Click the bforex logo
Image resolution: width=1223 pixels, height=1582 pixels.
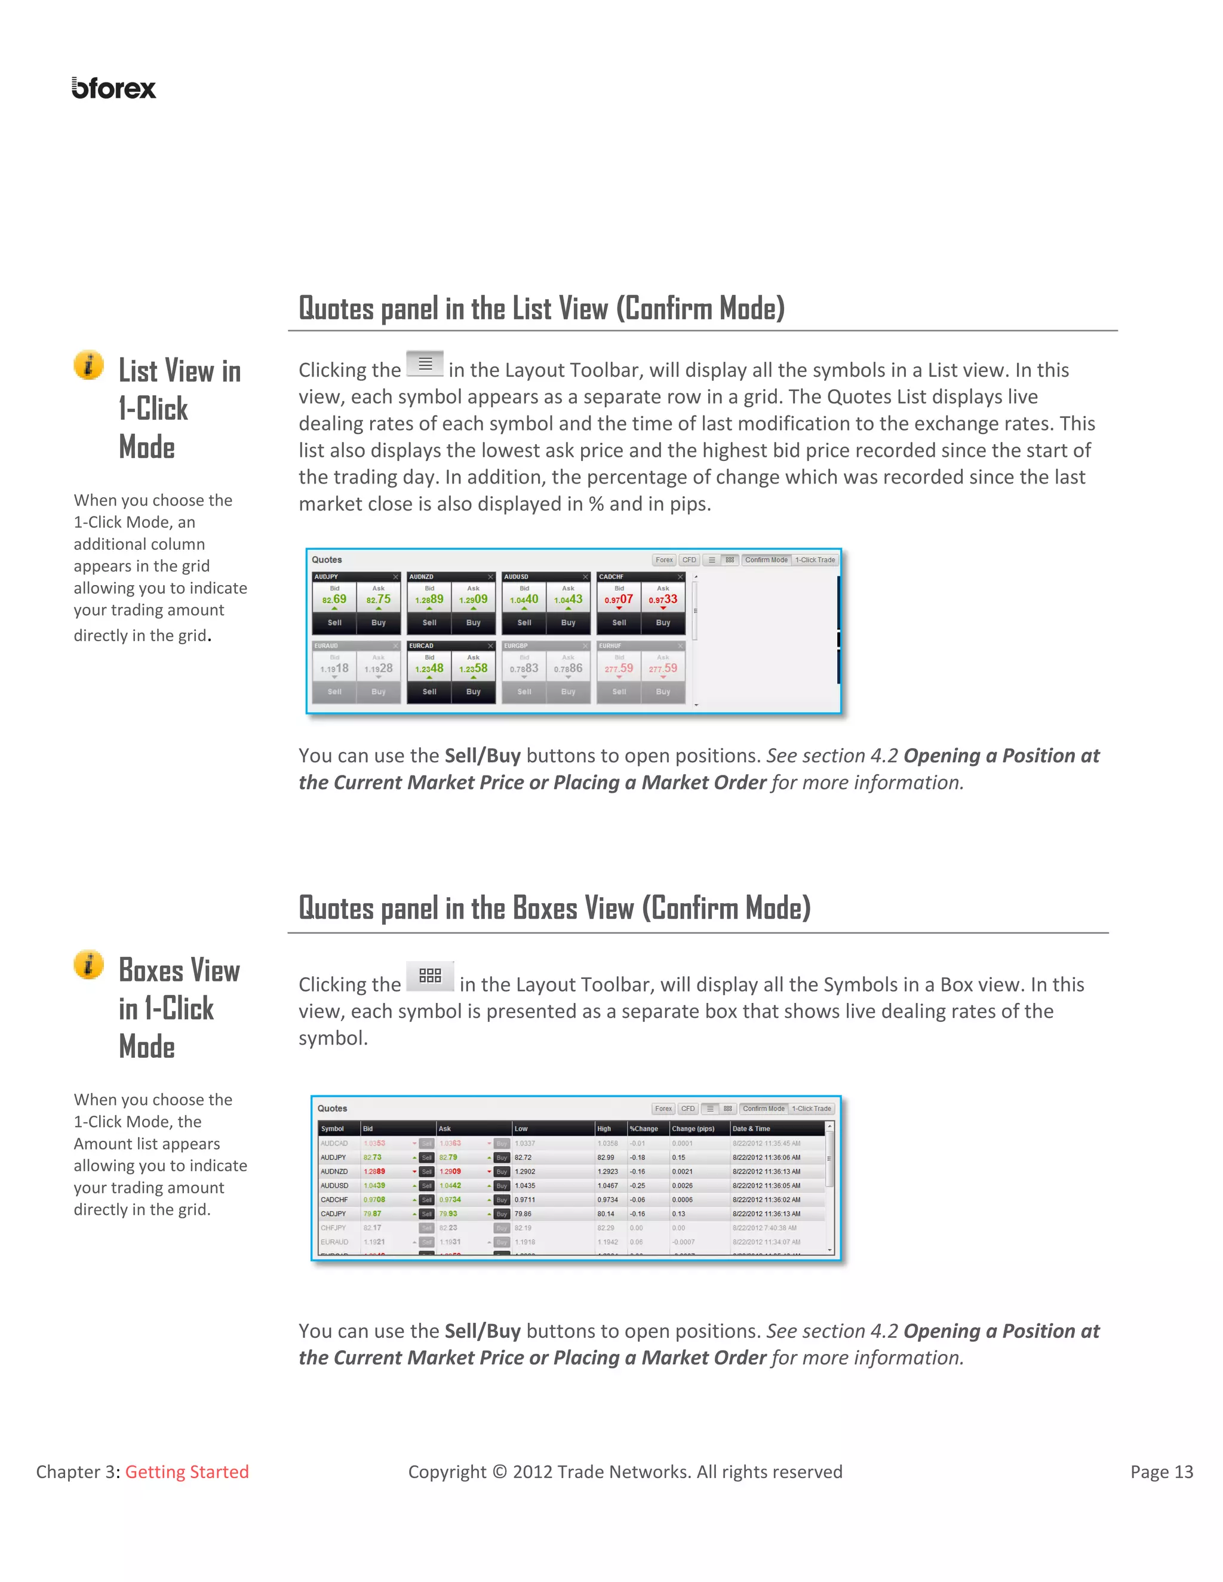click(x=113, y=88)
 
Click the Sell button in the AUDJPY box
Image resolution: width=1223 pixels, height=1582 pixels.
click(x=334, y=622)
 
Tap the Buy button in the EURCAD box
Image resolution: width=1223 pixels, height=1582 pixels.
click(x=473, y=691)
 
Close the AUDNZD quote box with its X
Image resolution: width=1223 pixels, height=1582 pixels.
click(x=490, y=577)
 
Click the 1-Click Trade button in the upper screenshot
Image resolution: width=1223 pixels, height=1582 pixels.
click(x=815, y=560)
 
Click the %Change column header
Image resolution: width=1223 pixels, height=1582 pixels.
click(x=644, y=1128)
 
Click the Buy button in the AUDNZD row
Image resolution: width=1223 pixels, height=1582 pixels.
click(x=502, y=1171)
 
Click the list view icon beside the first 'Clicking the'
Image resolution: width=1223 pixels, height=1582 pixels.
click(x=425, y=364)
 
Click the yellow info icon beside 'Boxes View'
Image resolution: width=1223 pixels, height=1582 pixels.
click(x=89, y=964)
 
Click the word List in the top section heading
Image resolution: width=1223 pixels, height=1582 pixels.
click(x=532, y=309)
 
